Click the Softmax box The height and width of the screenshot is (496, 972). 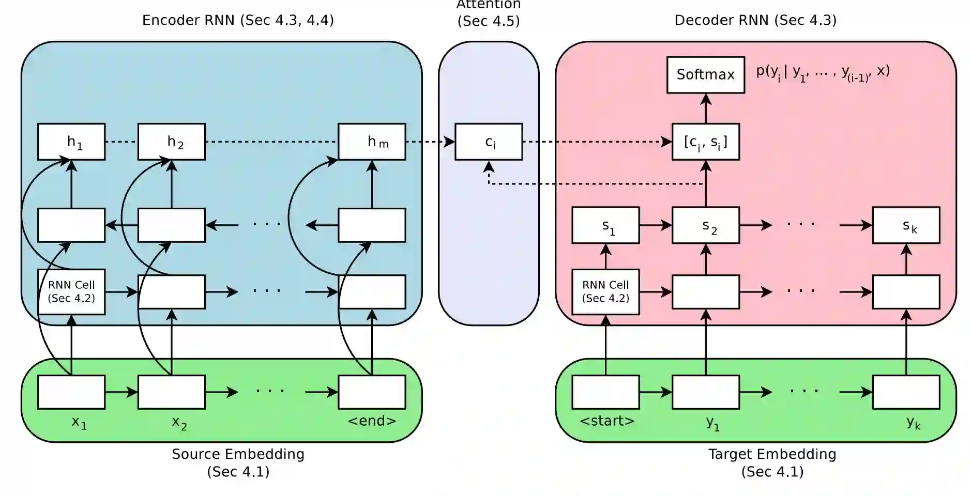coord(706,75)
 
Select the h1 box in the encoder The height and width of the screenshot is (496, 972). coord(71,142)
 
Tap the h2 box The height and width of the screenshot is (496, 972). coord(172,142)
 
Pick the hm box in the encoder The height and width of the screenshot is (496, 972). coord(372,142)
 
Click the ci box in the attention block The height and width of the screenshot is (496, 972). coord(489,142)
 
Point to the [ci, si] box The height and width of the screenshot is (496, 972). coord(706,142)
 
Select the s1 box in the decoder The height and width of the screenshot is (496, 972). coord(605,225)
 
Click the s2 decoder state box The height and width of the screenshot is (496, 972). coord(706,225)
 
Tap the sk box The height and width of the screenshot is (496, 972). coord(906,225)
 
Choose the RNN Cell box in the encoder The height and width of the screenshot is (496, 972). coord(71,292)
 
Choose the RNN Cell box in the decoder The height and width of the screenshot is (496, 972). coord(605,292)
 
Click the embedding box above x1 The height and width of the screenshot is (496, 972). coord(71,392)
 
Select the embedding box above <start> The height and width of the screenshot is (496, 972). coord(605,392)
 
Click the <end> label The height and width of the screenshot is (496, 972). coord(372,421)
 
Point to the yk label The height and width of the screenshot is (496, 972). coord(914,423)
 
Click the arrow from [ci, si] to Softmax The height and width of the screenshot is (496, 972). coord(706,109)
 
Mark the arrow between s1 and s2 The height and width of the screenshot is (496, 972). coord(656,225)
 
